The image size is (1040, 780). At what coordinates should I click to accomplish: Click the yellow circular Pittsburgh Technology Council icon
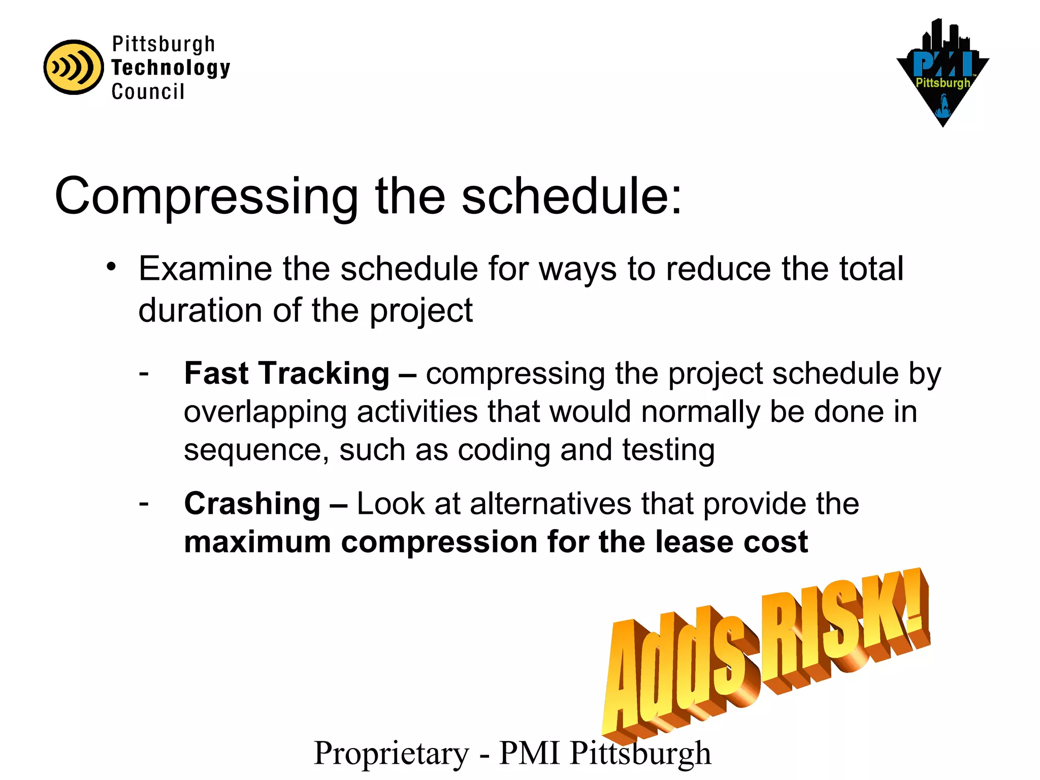[73, 67]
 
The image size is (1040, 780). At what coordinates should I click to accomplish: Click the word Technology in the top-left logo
[171, 68]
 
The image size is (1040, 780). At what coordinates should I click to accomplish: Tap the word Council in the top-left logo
[148, 92]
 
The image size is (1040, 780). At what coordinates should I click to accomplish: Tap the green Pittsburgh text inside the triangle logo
[942, 83]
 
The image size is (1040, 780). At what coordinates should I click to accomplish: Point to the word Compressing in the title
[206, 197]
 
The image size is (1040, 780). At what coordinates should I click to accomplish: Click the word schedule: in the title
[571, 196]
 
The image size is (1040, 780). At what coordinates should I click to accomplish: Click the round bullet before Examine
[112, 267]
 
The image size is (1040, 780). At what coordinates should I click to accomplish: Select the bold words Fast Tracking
[286, 373]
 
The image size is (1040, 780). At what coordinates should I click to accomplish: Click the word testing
[668, 450]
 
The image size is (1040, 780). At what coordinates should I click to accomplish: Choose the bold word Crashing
[252, 504]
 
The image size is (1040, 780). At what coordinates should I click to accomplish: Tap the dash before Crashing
[144, 503]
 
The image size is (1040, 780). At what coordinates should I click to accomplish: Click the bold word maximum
[257, 542]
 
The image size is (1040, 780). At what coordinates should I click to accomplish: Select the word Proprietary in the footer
[392, 754]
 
